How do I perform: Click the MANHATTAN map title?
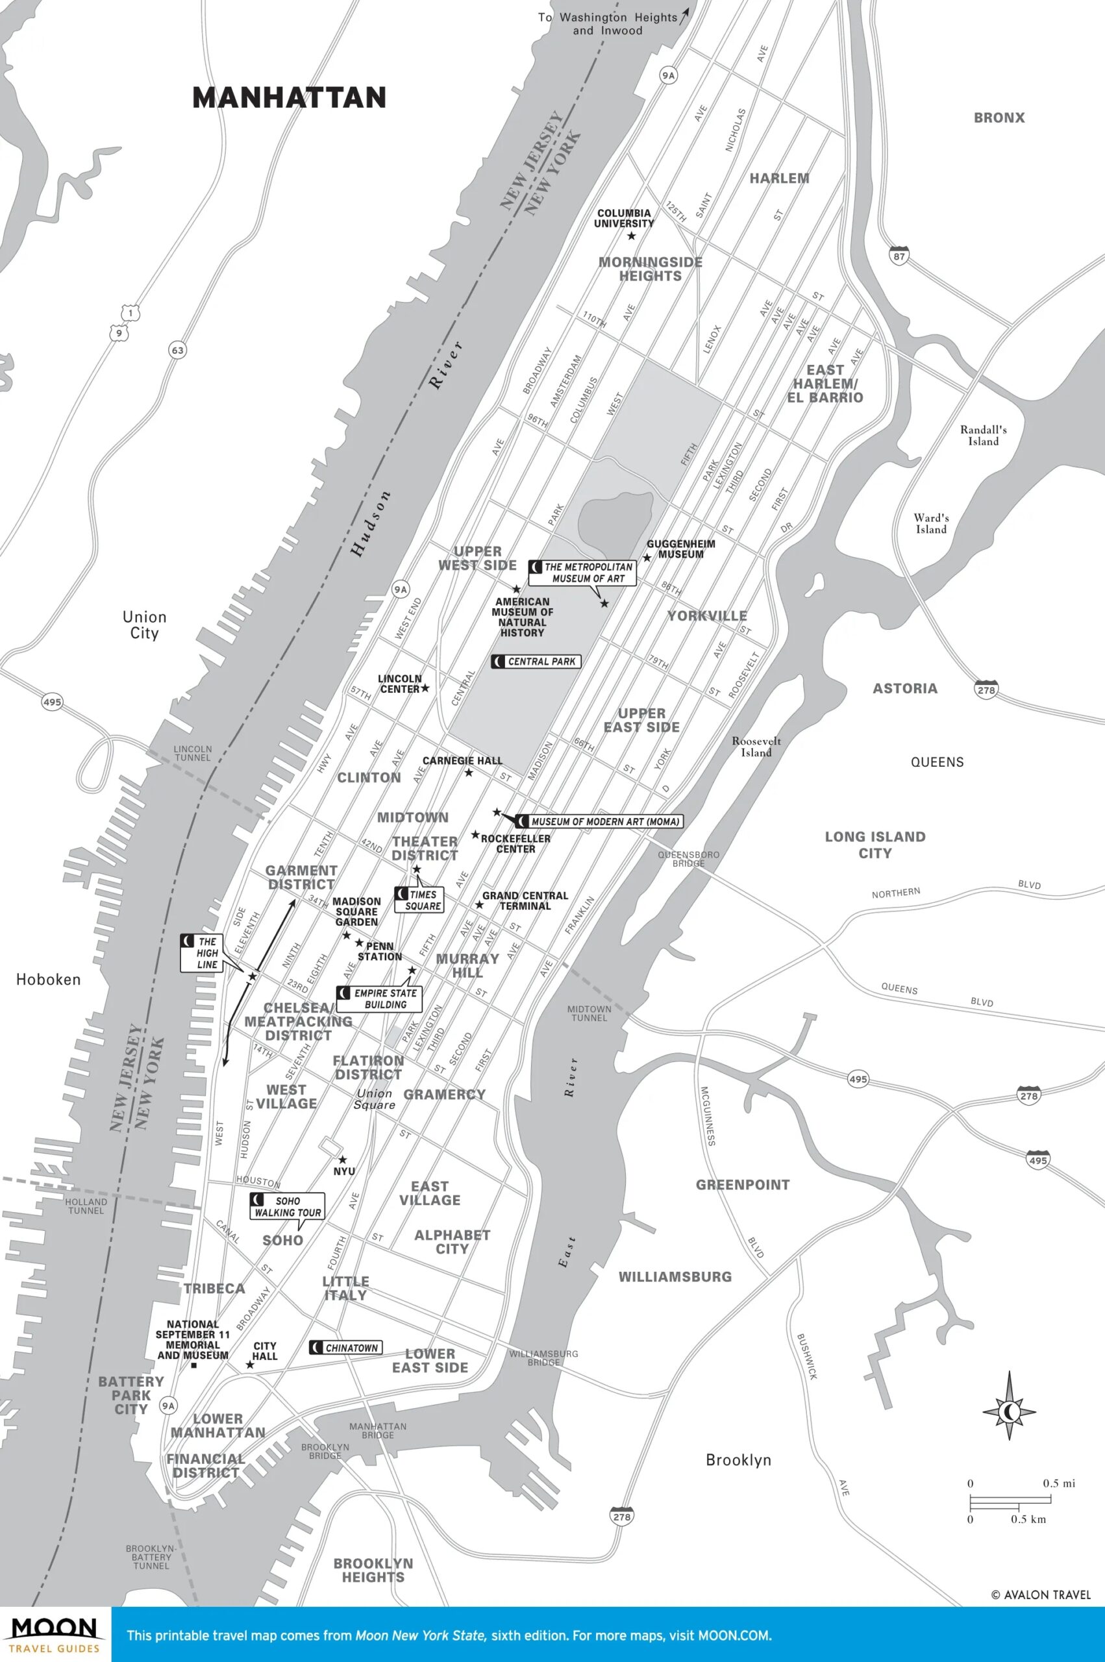pos(289,97)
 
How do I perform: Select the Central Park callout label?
pos(536,662)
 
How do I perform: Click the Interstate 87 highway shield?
pos(898,256)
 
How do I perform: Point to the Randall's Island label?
pos(983,436)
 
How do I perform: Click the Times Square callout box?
pos(419,900)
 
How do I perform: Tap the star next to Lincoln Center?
pos(425,688)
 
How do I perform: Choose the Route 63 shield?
pos(177,349)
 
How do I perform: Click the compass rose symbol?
pos(1009,1411)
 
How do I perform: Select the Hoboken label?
pos(48,979)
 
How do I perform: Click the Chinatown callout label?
pos(345,1348)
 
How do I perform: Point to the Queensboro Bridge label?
pos(688,859)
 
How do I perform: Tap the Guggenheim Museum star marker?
pos(647,557)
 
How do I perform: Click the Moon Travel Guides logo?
pos(55,1634)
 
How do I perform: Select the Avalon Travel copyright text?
pos(1041,1594)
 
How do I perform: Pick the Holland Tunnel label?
pos(86,1206)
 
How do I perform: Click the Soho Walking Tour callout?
pos(287,1206)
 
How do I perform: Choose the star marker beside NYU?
pos(343,1160)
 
